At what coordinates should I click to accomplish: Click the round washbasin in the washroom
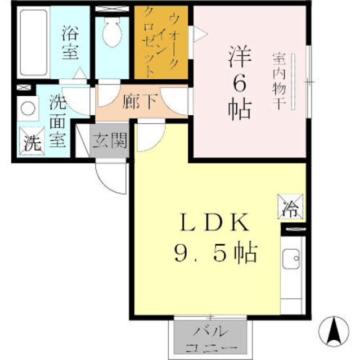click(x=26, y=107)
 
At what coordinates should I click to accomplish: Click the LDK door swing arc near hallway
click(x=148, y=137)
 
